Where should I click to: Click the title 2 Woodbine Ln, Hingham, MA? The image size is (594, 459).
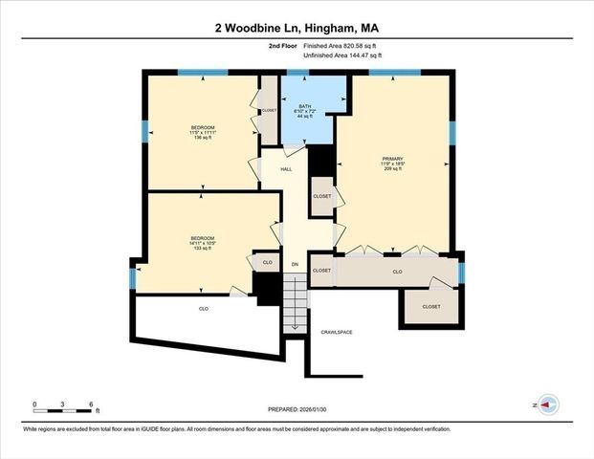pos(297,29)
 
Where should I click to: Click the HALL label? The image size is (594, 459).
pos(285,169)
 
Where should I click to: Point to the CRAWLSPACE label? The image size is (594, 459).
pos(337,332)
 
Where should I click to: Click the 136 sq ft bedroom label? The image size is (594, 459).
pos(202,132)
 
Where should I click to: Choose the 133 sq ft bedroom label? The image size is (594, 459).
pos(202,243)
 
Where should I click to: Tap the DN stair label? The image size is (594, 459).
pos(295,263)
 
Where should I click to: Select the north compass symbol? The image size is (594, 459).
pos(546,405)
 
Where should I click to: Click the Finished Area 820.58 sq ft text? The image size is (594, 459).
pos(342,45)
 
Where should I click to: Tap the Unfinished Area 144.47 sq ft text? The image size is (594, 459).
pos(342,56)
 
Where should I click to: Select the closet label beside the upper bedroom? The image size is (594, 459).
pos(269,110)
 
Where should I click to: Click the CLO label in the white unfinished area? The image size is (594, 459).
pos(204,309)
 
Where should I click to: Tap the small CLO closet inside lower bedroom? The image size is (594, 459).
pos(267,261)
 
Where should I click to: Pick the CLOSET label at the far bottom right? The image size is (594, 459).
pos(431,307)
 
